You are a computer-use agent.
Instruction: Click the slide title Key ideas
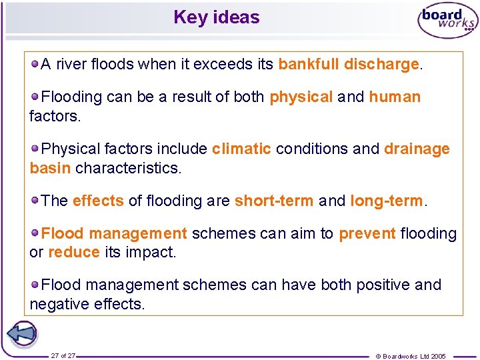tap(216, 17)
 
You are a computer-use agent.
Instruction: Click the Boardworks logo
tap(447, 22)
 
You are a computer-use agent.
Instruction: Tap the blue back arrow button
tap(21, 333)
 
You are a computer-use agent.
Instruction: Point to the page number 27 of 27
tap(63, 356)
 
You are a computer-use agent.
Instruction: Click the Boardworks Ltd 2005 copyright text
tap(411, 356)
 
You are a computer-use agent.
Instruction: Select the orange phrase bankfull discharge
tap(348, 64)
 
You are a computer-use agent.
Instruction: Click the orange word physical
tap(301, 97)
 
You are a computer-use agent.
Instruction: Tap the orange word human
tap(395, 97)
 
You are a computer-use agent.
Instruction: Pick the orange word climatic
tap(241, 149)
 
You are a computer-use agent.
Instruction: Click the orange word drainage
tap(417, 149)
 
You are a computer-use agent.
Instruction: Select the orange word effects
tap(98, 201)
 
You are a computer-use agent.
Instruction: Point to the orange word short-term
tap(273, 201)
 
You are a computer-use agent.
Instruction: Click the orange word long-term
tap(386, 201)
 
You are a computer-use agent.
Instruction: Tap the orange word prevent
tap(367, 233)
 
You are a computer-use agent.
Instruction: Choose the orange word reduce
tap(73, 253)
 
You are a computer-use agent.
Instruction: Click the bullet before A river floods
tap(35, 64)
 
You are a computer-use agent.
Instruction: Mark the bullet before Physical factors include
tap(35, 149)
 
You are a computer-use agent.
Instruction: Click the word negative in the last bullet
tap(57, 304)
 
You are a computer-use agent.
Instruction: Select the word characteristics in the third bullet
tap(128, 168)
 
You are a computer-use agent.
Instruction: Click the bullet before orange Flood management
tap(35, 233)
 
